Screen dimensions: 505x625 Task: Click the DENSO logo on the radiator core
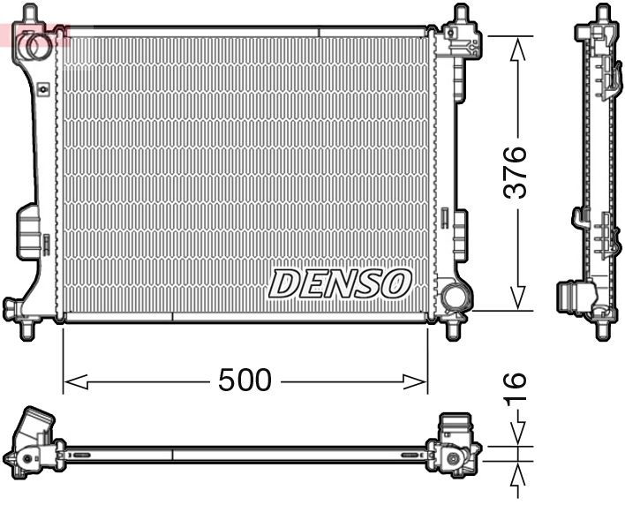(x=340, y=283)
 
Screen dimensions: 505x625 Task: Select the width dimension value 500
(x=245, y=381)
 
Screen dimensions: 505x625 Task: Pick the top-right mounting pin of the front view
(x=460, y=14)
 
